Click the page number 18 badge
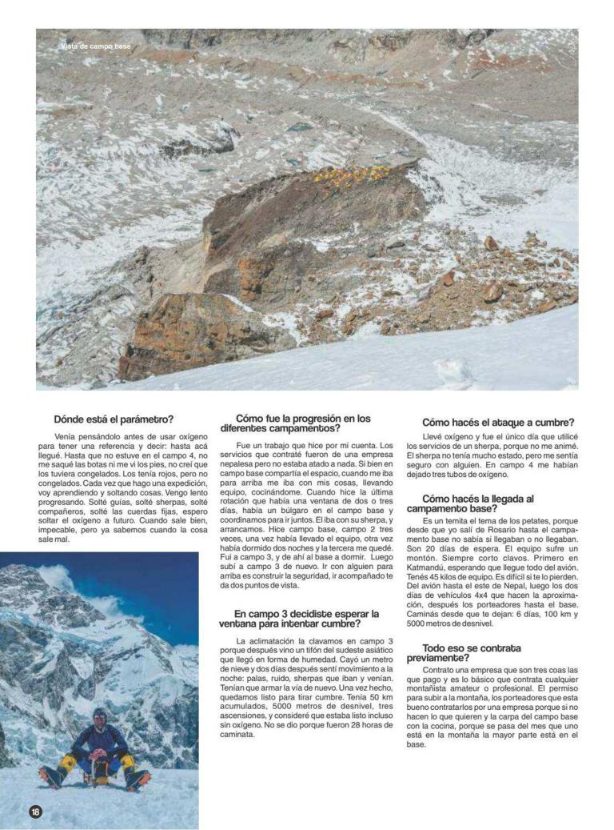(35, 812)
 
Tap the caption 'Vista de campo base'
(96, 46)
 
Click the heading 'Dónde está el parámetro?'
(114, 419)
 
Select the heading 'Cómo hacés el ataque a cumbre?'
(498, 423)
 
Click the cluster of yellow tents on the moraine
(352, 174)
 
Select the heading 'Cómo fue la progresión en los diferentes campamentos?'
(303, 423)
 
